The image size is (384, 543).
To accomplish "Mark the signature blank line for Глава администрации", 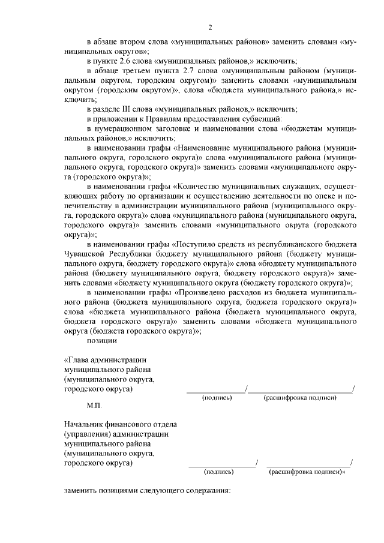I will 216,391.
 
